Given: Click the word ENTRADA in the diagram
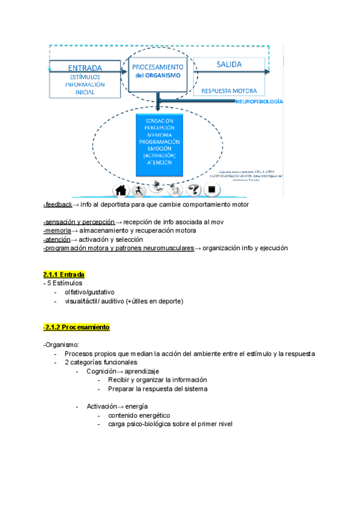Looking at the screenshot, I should (x=85, y=67).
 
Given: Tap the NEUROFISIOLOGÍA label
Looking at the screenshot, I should (x=259, y=103).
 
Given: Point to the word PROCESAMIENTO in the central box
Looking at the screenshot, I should (x=158, y=67).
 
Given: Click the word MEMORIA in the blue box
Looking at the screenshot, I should (x=159, y=135).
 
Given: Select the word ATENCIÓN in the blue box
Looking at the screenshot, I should (x=159, y=162).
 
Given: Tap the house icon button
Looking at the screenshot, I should (x=121, y=190).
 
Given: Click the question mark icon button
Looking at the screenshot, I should (x=194, y=190).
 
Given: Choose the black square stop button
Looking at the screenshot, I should (x=211, y=190).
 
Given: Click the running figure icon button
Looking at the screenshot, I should (x=139, y=190).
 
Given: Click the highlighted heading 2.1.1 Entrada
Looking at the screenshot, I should (x=64, y=274).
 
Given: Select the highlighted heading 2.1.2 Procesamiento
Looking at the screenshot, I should (x=76, y=328).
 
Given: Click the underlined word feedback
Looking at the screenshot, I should (x=58, y=205).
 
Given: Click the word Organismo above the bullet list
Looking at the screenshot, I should (x=61, y=345).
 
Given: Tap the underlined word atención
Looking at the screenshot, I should (x=58, y=239).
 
